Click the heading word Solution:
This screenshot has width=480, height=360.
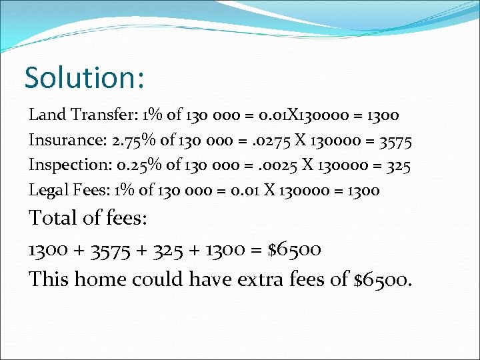pos(84,78)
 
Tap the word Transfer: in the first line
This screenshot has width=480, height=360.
pos(103,115)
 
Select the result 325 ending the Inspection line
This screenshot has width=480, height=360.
pos(396,165)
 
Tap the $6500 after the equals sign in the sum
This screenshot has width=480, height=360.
pos(294,250)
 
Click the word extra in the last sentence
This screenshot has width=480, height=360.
pos(261,279)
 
